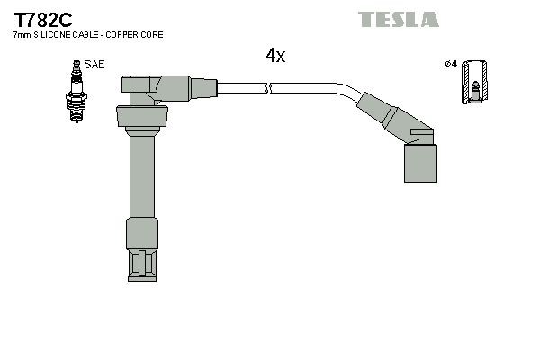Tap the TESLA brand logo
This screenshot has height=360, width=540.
pos(398,19)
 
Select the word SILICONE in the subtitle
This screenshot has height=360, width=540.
pos(52,34)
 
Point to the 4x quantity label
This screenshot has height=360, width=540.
pos(274,56)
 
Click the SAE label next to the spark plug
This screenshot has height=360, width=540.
pos(94,65)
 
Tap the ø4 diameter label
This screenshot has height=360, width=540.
pos(451,64)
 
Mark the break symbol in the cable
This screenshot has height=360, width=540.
pos(269,87)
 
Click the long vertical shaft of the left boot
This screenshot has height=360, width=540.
pos(141,175)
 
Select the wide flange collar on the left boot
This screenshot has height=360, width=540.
pos(141,117)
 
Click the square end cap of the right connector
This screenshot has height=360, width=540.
pos(419,163)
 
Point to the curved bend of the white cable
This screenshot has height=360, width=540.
pos(346,91)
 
